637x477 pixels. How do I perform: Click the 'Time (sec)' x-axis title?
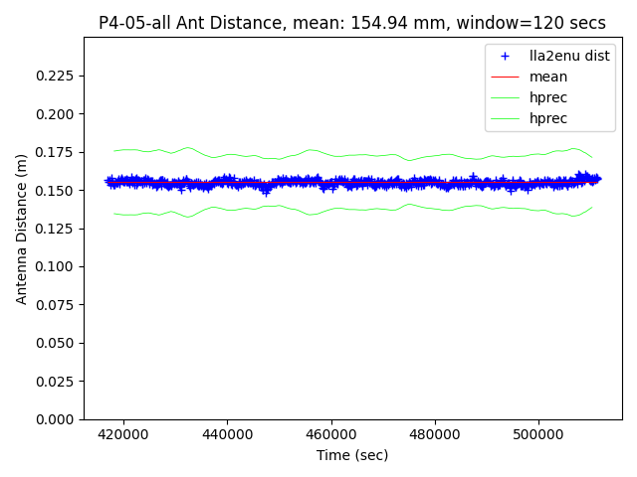[x=352, y=455]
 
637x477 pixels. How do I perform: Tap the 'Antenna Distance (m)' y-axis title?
[x=21, y=228]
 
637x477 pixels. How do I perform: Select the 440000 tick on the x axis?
[x=227, y=434]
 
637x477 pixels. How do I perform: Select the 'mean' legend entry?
[x=548, y=77]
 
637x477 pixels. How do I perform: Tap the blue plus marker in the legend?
[x=506, y=57]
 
